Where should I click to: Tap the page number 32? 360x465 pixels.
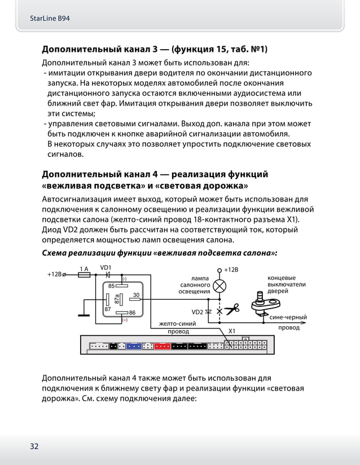[x=34, y=446]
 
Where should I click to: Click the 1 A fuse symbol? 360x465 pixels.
[x=84, y=274]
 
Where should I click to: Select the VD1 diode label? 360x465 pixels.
[x=106, y=267]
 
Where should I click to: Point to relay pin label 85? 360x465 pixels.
[x=112, y=286]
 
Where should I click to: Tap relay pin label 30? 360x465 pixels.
[x=136, y=295]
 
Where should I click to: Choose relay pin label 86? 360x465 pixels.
[x=132, y=312]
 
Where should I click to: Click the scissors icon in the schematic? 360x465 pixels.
[x=231, y=309]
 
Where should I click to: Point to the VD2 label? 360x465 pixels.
[x=197, y=312]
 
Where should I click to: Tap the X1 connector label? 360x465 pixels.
[x=231, y=331]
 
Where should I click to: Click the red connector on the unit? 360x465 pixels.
[x=162, y=346]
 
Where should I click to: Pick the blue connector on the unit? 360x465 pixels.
[x=134, y=346]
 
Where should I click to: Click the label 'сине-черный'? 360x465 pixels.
[x=288, y=318]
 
